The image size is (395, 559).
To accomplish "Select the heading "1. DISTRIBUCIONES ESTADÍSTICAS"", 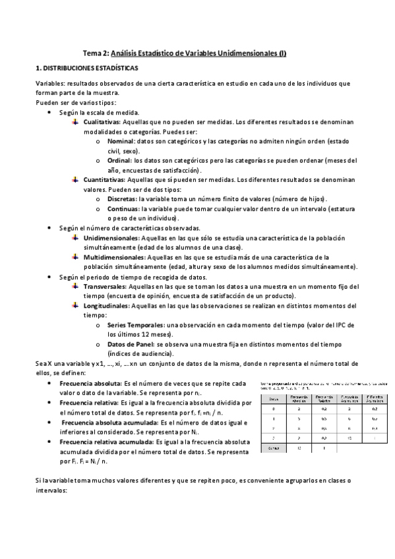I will click(x=87, y=68).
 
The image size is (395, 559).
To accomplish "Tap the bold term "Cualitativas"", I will click(x=102, y=122).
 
